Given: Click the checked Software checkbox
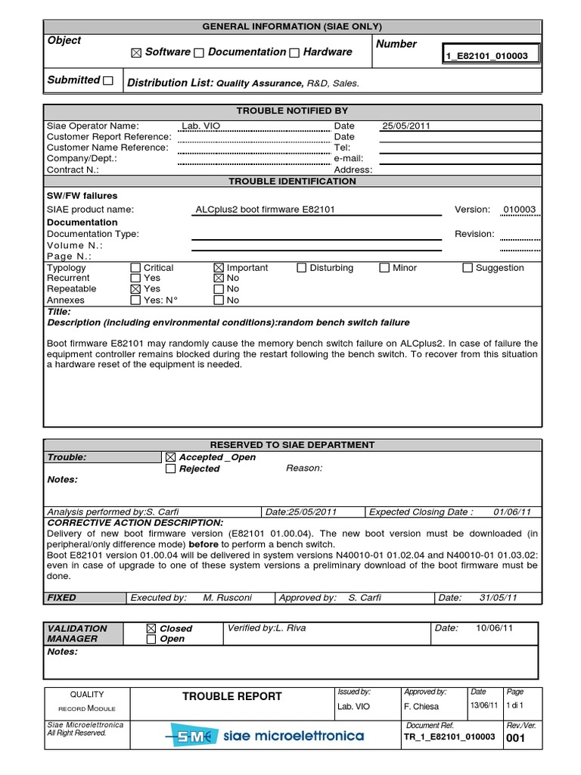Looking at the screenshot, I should click(x=136, y=53).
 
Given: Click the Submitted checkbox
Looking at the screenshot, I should click(x=108, y=80).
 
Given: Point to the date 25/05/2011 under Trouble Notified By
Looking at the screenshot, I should click(x=406, y=126).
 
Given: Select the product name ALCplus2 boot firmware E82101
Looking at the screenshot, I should click(x=265, y=210).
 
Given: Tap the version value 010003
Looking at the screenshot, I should click(x=519, y=210).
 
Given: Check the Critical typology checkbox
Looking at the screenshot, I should click(x=135, y=268).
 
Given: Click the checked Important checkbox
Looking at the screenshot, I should click(x=219, y=268).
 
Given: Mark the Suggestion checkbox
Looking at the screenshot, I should click(x=468, y=268).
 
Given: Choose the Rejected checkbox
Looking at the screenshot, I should click(x=171, y=469).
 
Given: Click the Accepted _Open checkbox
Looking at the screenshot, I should click(x=171, y=458).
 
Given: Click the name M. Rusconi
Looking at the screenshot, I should click(x=228, y=598).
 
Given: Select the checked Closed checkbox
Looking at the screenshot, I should click(x=151, y=628).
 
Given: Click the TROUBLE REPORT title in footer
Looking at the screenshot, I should click(x=231, y=696).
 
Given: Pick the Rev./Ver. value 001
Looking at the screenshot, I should click(x=516, y=738).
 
